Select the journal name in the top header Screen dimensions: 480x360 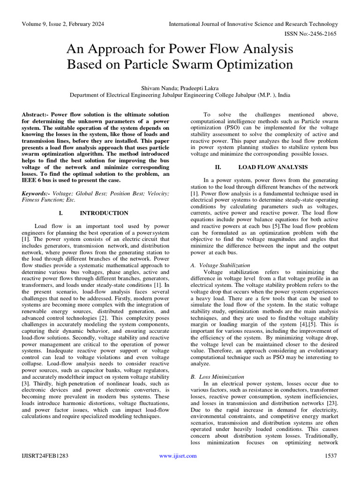253,24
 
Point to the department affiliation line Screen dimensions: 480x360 180,95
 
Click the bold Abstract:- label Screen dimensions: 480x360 36,115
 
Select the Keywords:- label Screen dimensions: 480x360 37,194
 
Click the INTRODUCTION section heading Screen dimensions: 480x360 104,213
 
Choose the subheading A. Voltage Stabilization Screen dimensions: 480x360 220,265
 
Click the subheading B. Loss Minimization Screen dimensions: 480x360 217,376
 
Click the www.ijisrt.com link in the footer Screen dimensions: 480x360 178,456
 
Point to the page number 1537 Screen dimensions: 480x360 330,456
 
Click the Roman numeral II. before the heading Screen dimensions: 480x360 217,167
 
